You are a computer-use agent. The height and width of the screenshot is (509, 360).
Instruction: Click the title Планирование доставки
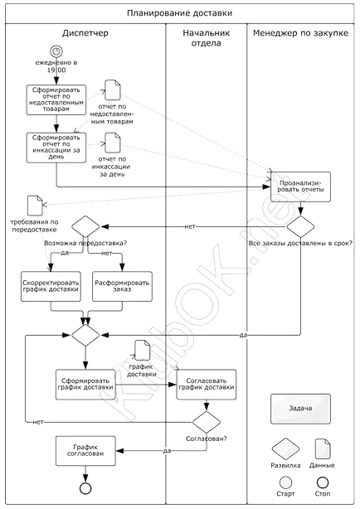[x=180, y=13]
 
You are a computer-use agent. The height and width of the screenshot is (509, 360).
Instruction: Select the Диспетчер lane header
[x=85, y=33]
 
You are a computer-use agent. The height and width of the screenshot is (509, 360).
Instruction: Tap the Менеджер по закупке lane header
[x=300, y=33]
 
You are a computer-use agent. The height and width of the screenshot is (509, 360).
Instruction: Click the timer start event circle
[x=56, y=51]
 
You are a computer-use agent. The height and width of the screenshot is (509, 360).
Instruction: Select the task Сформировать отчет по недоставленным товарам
[x=56, y=100]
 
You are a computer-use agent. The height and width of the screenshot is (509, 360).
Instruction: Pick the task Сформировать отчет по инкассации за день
[x=56, y=148]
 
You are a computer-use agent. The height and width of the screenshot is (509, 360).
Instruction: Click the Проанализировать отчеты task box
[x=300, y=187]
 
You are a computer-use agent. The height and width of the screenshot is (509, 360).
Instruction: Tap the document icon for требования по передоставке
[x=35, y=205]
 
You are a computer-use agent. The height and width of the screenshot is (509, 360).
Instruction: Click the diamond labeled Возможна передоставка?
[x=85, y=226]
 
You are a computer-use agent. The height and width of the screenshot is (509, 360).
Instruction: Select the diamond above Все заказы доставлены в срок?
[x=300, y=226]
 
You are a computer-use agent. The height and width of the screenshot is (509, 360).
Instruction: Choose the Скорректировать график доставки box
[x=51, y=286]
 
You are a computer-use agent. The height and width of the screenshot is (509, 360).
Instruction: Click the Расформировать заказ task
[x=122, y=286]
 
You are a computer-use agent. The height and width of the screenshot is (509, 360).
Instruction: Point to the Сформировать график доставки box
[x=85, y=385]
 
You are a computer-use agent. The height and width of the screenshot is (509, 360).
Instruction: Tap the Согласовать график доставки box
[x=207, y=385]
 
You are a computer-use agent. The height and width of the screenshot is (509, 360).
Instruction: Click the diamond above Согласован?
[x=207, y=422]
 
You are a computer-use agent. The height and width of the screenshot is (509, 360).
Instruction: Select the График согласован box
[x=85, y=451]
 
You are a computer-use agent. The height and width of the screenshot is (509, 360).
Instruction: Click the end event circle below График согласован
[x=85, y=488]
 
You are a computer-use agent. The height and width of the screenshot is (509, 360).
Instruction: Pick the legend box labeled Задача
[x=300, y=409]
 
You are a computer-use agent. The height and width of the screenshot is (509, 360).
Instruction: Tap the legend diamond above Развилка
[x=285, y=449]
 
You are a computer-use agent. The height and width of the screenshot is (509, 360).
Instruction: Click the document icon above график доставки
[x=143, y=350]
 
